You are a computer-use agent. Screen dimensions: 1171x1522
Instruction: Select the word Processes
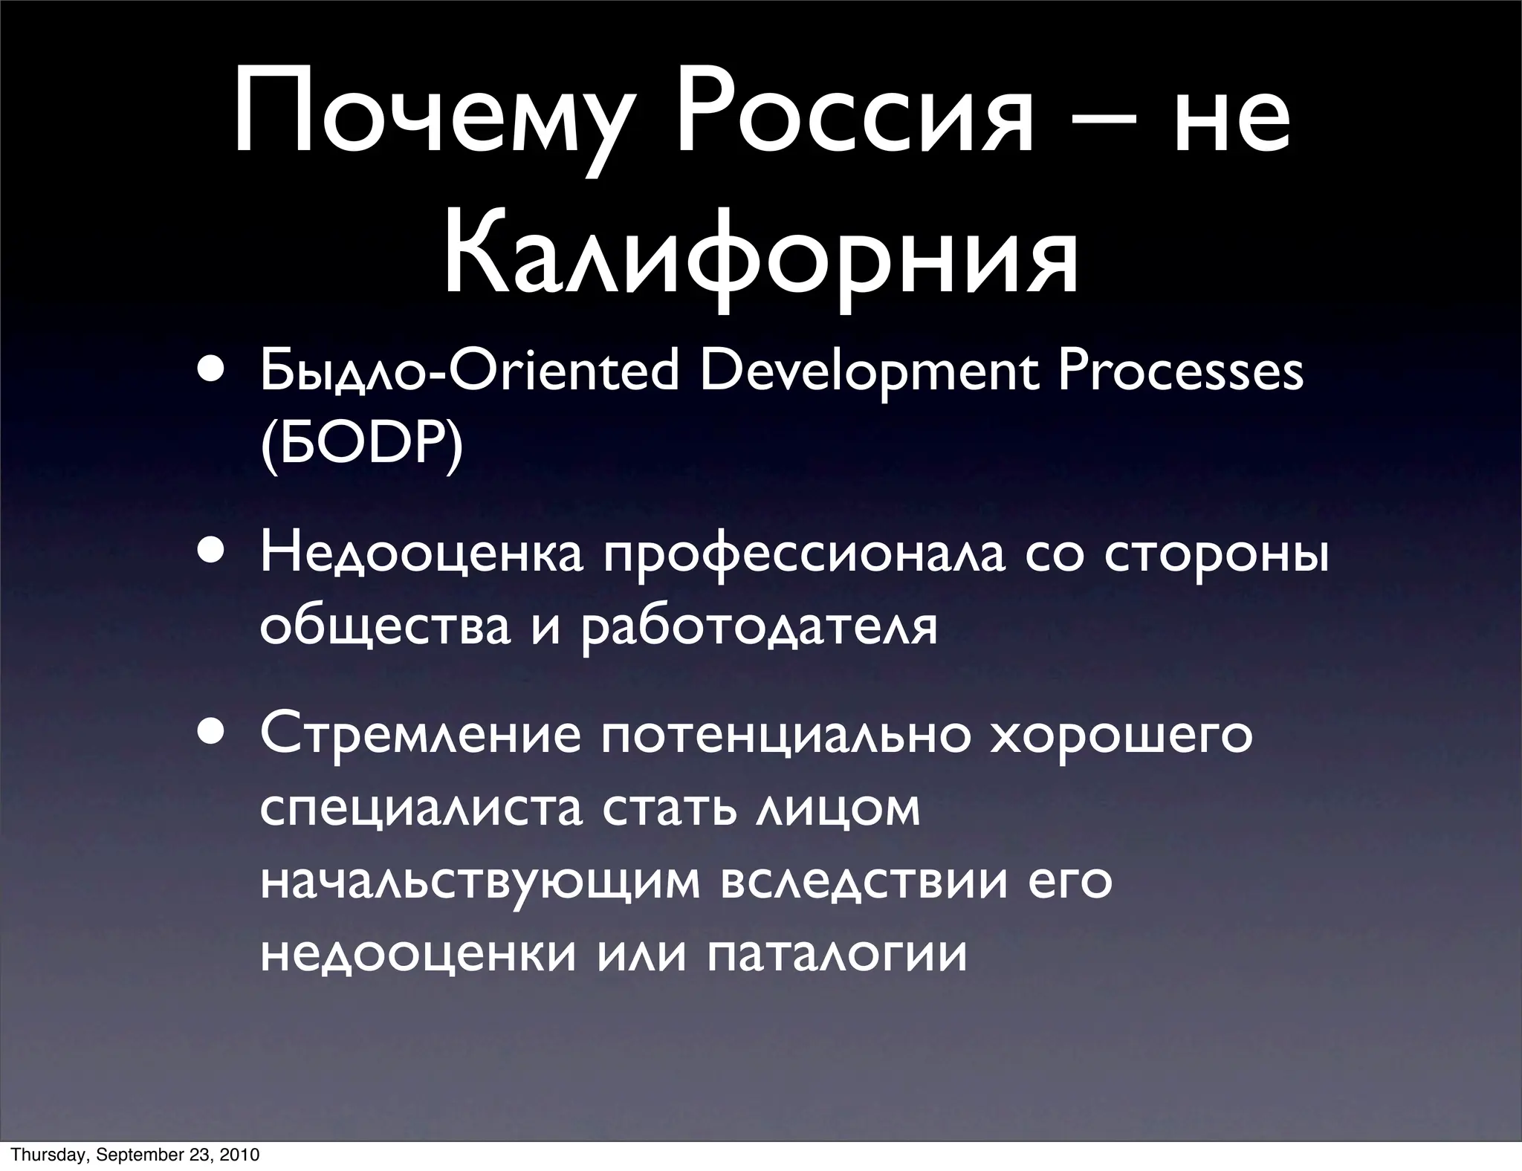[x=1180, y=372]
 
